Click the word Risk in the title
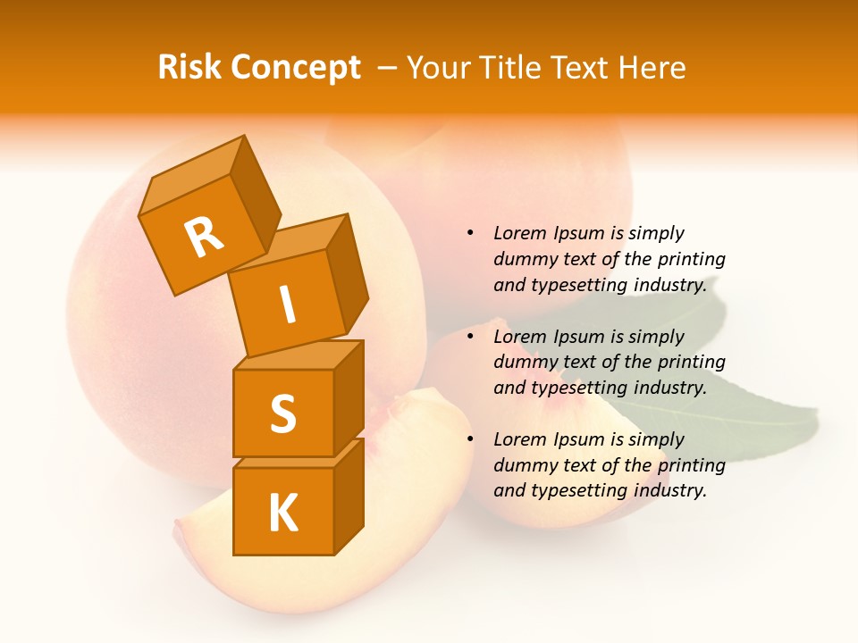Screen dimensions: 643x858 [189, 68]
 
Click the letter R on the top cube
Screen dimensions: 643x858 [204, 238]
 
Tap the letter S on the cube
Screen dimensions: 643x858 [282, 413]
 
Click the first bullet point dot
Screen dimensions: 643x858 [470, 233]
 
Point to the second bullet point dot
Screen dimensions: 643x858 [470, 337]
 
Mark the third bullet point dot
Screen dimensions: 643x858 [470, 439]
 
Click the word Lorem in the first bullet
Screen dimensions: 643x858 [519, 233]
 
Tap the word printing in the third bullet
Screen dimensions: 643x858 [691, 465]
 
